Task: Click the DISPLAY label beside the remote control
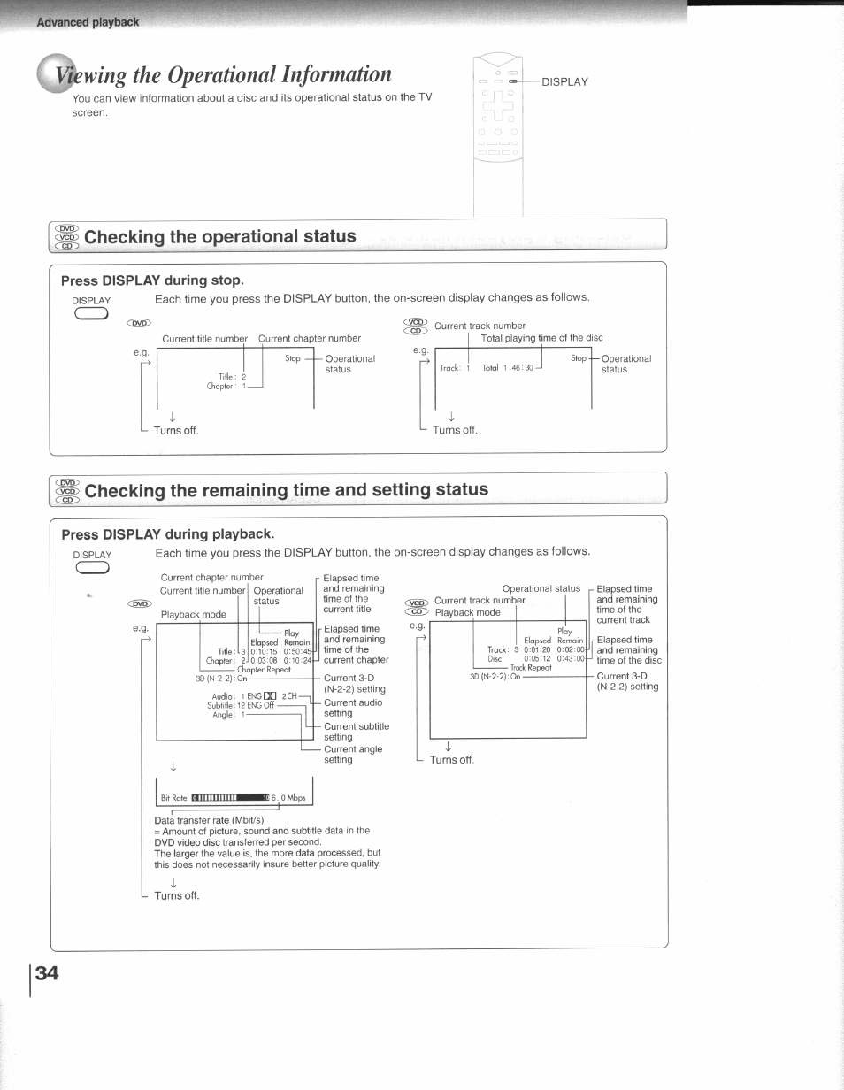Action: pyautogui.click(x=564, y=81)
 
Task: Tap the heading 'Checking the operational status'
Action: pyautogui.click(x=219, y=236)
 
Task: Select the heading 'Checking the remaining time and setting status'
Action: pyautogui.click(x=286, y=489)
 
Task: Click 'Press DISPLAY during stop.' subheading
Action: pyautogui.click(x=151, y=280)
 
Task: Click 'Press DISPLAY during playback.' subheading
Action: pyautogui.click(x=168, y=534)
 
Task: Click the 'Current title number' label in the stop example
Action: pyautogui.click(x=204, y=338)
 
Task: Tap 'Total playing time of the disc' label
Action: pyautogui.click(x=541, y=338)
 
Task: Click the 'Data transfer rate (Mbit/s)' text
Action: pyautogui.click(x=209, y=820)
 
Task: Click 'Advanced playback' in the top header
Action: pyautogui.click(x=88, y=21)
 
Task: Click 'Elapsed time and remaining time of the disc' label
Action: pyautogui.click(x=629, y=650)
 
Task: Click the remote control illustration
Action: pyautogui.click(x=499, y=133)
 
